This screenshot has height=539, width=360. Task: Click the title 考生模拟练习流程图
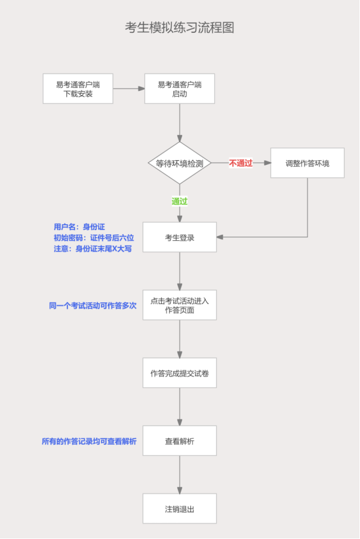[x=179, y=28]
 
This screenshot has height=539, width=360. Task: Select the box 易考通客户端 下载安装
[x=78, y=88]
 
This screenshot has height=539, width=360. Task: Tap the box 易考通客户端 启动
[x=179, y=88]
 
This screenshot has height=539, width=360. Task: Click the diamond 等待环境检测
[x=179, y=163]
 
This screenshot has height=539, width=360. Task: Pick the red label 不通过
[x=241, y=163]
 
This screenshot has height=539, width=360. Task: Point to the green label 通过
[x=180, y=201]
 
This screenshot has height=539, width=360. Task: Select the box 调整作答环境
[x=307, y=163]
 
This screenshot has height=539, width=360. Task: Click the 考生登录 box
[x=179, y=237]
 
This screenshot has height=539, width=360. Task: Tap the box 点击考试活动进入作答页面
[x=179, y=305]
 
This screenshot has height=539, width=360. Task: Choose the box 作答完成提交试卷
[x=179, y=373]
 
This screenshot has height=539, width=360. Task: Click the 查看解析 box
[x=179, y=441]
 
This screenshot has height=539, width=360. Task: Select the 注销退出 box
[x=179, y=509]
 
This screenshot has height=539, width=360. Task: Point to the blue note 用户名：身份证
[x=79, y=226]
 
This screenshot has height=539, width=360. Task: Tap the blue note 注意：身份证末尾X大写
[x=93, y=248]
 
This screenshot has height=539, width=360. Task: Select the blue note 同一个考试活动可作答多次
[x=93, y=305]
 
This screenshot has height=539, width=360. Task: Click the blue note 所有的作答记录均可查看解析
[x=89, y=441]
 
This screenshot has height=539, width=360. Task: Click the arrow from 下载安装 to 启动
[x=128, y=88]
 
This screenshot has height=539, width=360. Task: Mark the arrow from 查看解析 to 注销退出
[x=180, y=475]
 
